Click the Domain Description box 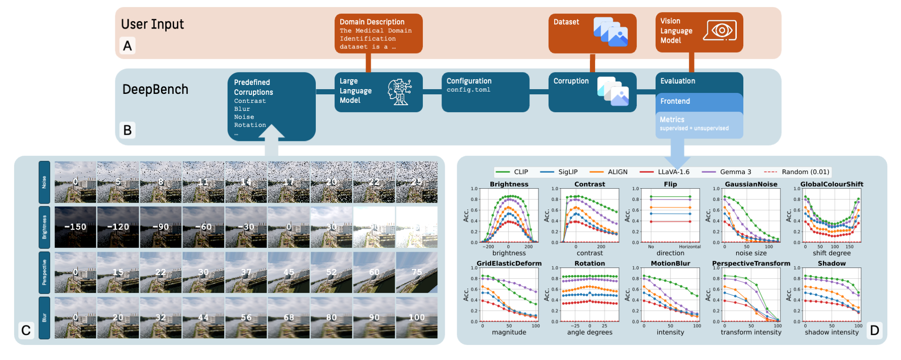(378, 33)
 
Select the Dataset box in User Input (592, 33)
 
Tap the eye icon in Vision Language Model (720, 31)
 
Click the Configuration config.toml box (485, 92)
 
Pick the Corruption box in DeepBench (592, 92)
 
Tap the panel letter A (127, 46)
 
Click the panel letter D (874, 330)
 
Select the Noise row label (44, 182)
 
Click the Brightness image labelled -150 (76, 227)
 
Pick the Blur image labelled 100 (417, 318)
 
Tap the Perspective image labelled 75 (417, 272)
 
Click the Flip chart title (670, 184)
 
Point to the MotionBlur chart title (670, 264)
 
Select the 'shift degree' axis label (832, 253)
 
